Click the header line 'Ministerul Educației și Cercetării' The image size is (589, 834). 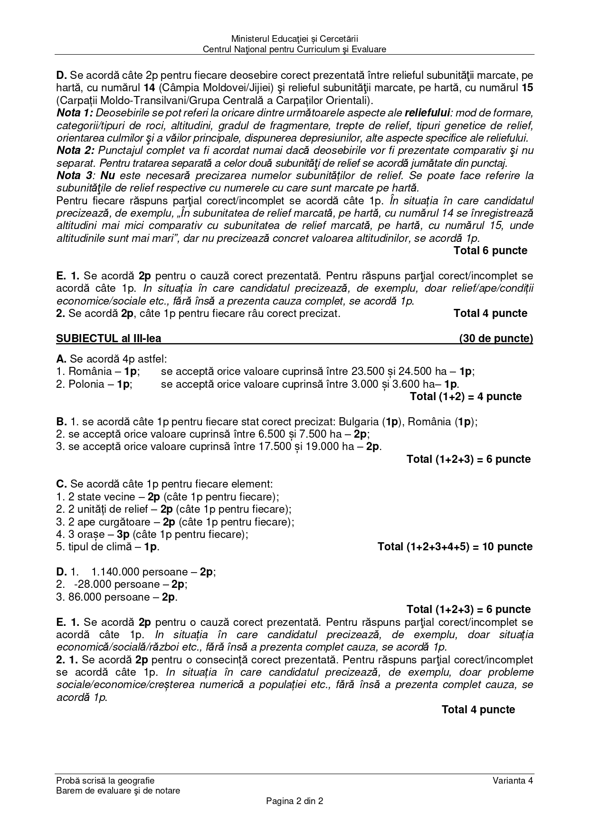pos(294,38)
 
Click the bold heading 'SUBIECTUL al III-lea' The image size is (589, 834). pos(109,338)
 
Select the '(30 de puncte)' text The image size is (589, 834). pos(496,338)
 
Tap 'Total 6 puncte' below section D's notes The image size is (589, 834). pos(490,250)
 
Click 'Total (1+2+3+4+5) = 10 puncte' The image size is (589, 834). pos(455,547)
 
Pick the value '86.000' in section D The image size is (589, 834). pos(85,597)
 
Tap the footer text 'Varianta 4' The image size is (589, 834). pos(513,780)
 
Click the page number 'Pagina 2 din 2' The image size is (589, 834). pos(294,801)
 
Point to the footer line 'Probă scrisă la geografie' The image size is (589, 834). pos(105,780)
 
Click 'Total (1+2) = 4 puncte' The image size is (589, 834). pos(465,397)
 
